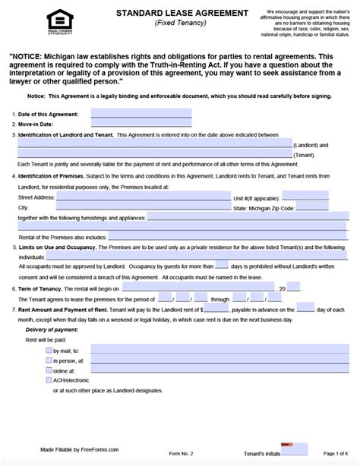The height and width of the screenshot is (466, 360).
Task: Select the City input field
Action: [x=130, y=206]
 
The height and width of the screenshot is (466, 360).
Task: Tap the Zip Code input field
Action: [x=311, y=206]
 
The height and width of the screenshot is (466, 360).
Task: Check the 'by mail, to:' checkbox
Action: [x=49, y=350]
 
